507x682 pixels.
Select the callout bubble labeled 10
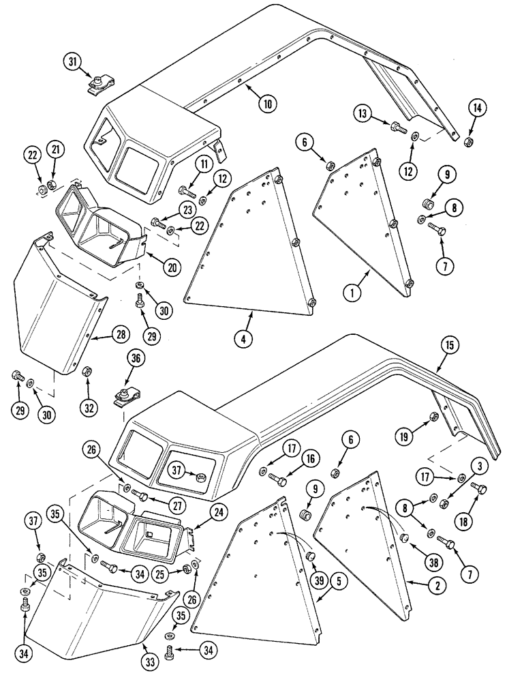(268, 104)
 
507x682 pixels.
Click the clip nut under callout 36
(123, 395)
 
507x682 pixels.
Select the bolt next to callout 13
(398, 127)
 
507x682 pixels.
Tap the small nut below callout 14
(470, 142)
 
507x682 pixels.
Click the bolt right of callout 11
(186, 190)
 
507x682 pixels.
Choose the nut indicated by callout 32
(87, 372)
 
